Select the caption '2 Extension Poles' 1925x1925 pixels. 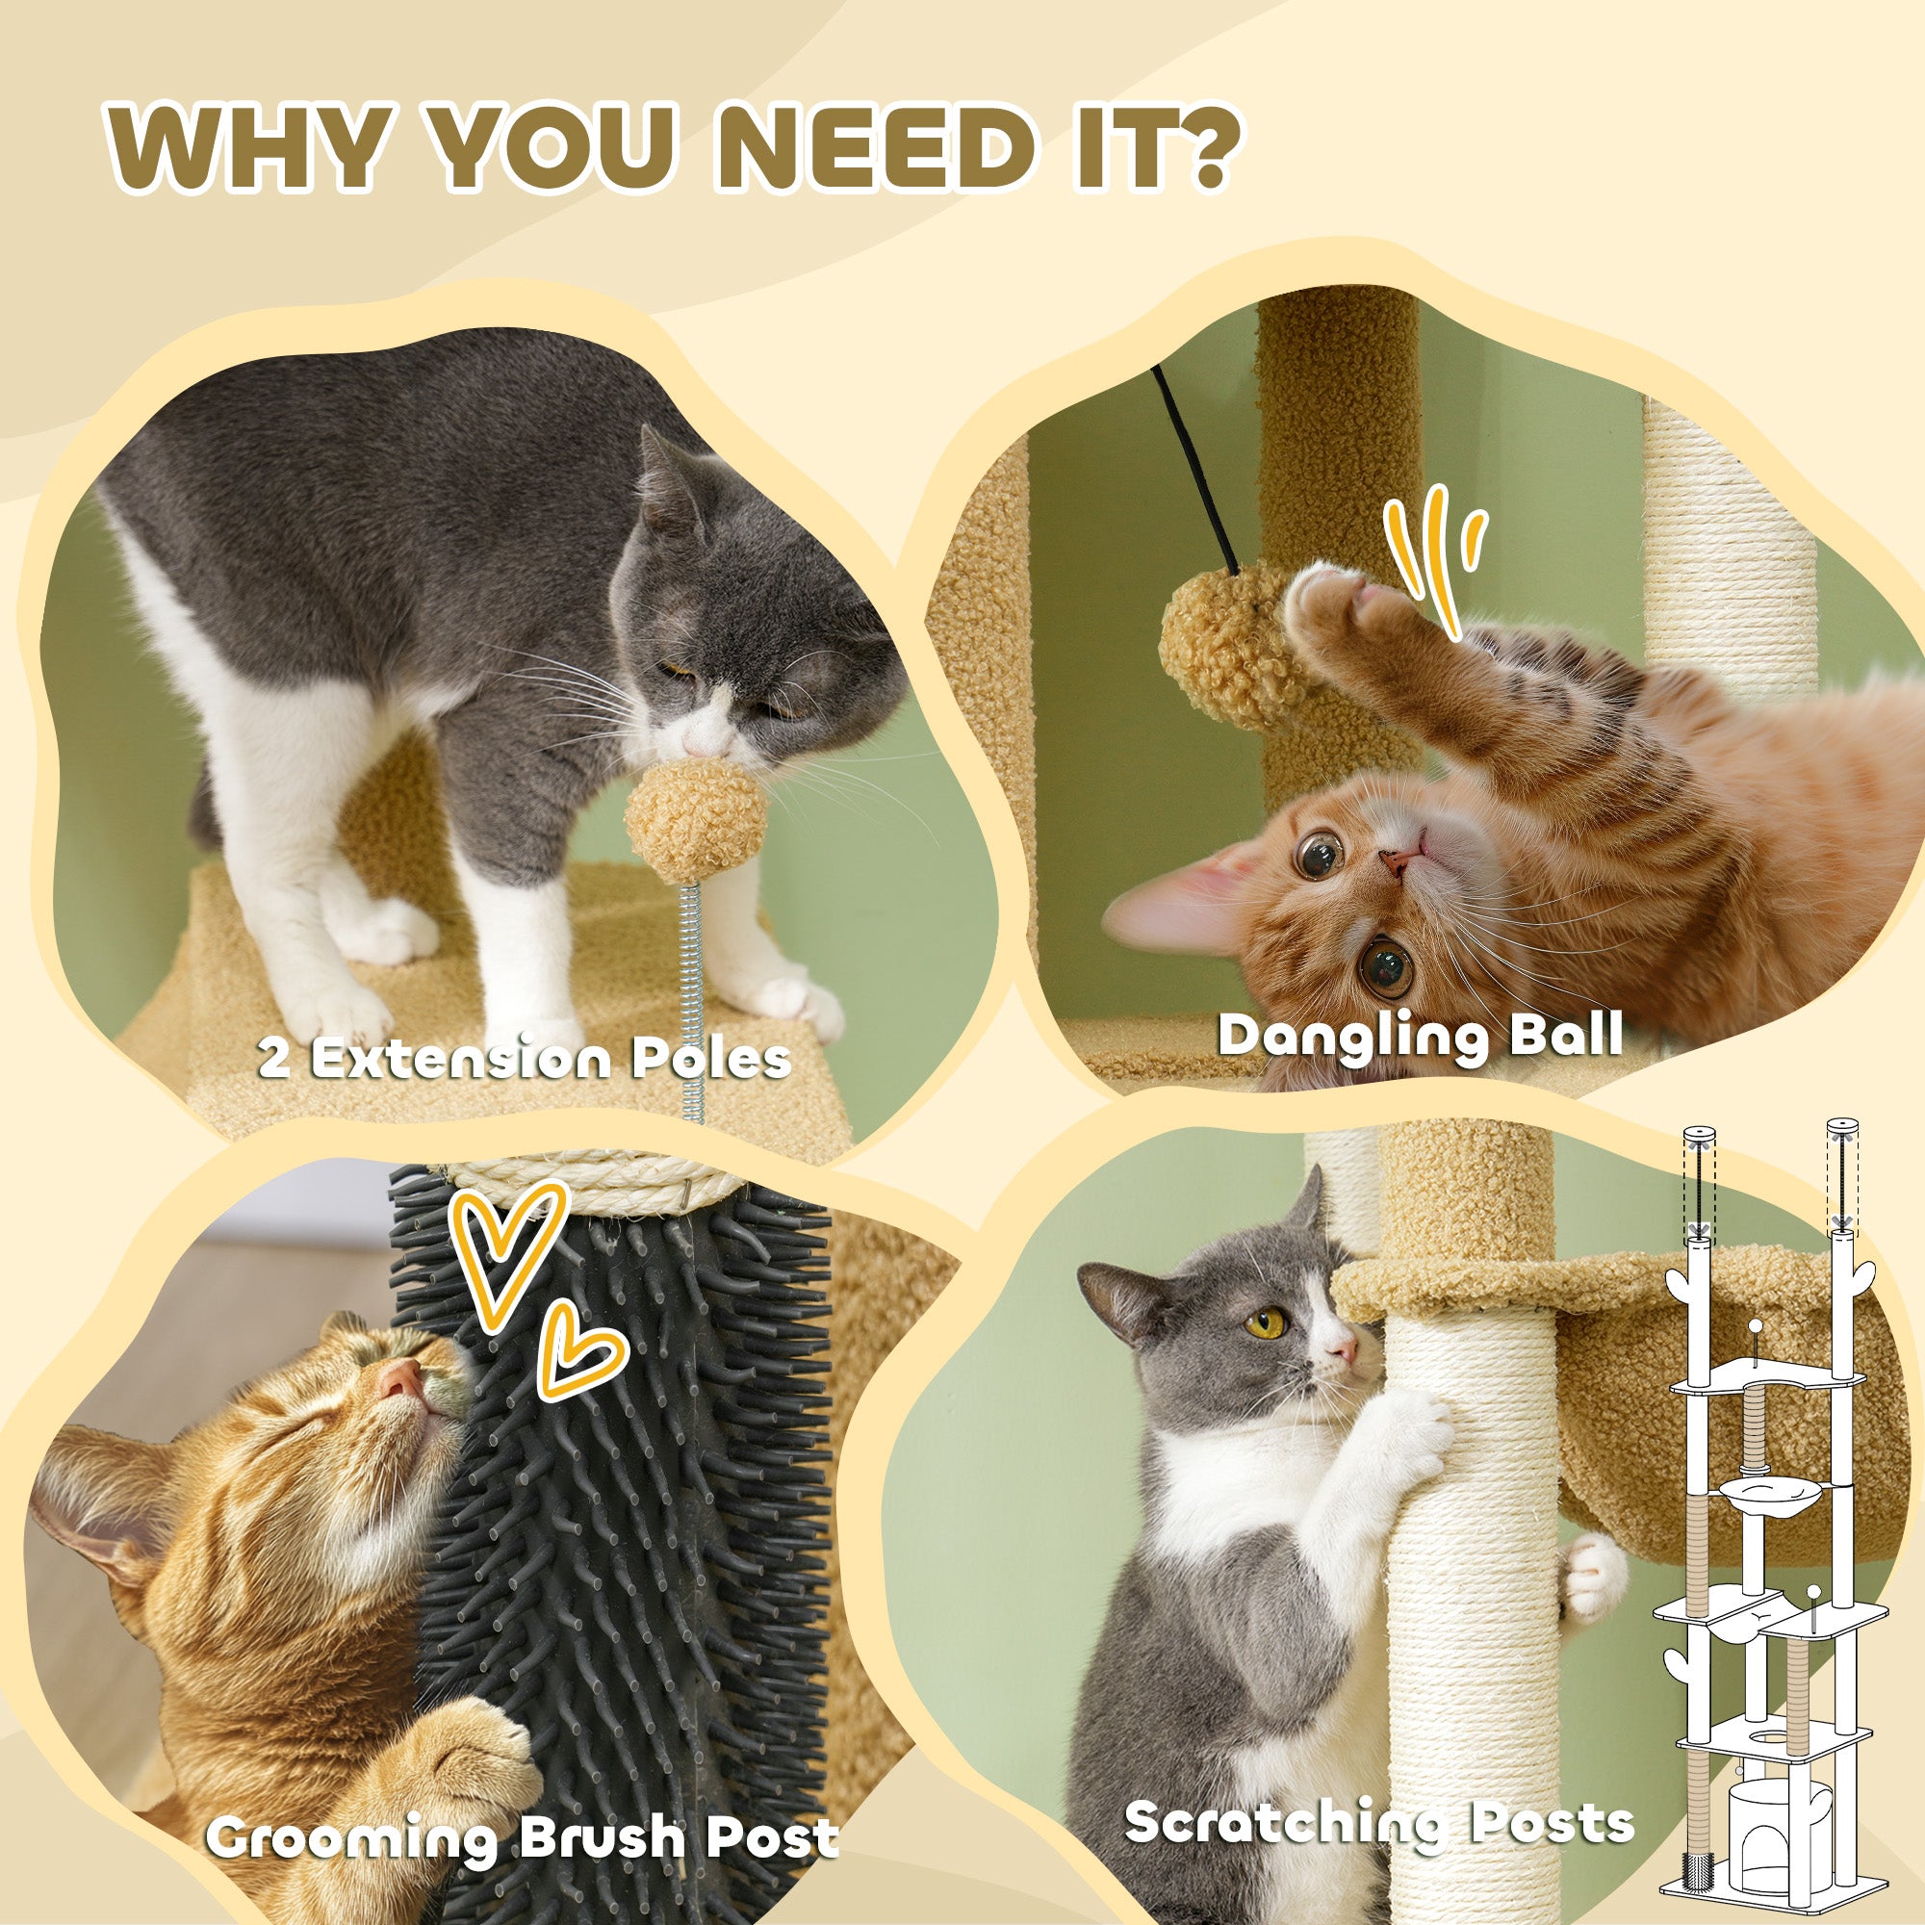point(526,1058)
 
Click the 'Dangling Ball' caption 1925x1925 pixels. point(1420,1035)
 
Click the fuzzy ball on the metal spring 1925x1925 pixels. point(696,820)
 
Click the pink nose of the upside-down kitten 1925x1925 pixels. point(1399,862)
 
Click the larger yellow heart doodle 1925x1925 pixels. point(505,1251)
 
